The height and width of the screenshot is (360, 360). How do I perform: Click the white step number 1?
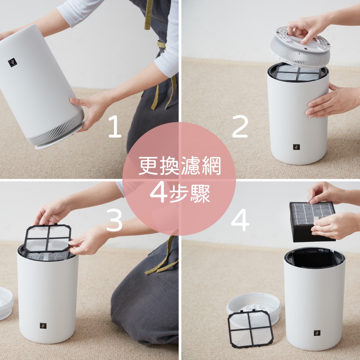click(115, 126)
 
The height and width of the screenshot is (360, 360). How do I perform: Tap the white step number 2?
click(240, 126)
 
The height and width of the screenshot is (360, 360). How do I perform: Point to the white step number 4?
click(240, 220)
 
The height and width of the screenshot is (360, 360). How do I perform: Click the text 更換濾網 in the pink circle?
click(180, 166)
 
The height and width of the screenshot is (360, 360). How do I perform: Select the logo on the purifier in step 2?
click(296, 147)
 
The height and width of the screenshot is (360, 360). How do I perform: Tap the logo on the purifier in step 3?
click(43, 326)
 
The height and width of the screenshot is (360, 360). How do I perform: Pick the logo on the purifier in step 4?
click(317, 333)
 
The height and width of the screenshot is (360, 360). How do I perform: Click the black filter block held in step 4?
click(313, 222)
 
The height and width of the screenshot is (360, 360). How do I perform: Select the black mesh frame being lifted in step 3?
click(47, 238)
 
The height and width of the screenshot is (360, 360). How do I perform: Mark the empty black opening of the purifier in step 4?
click(315, 258)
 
